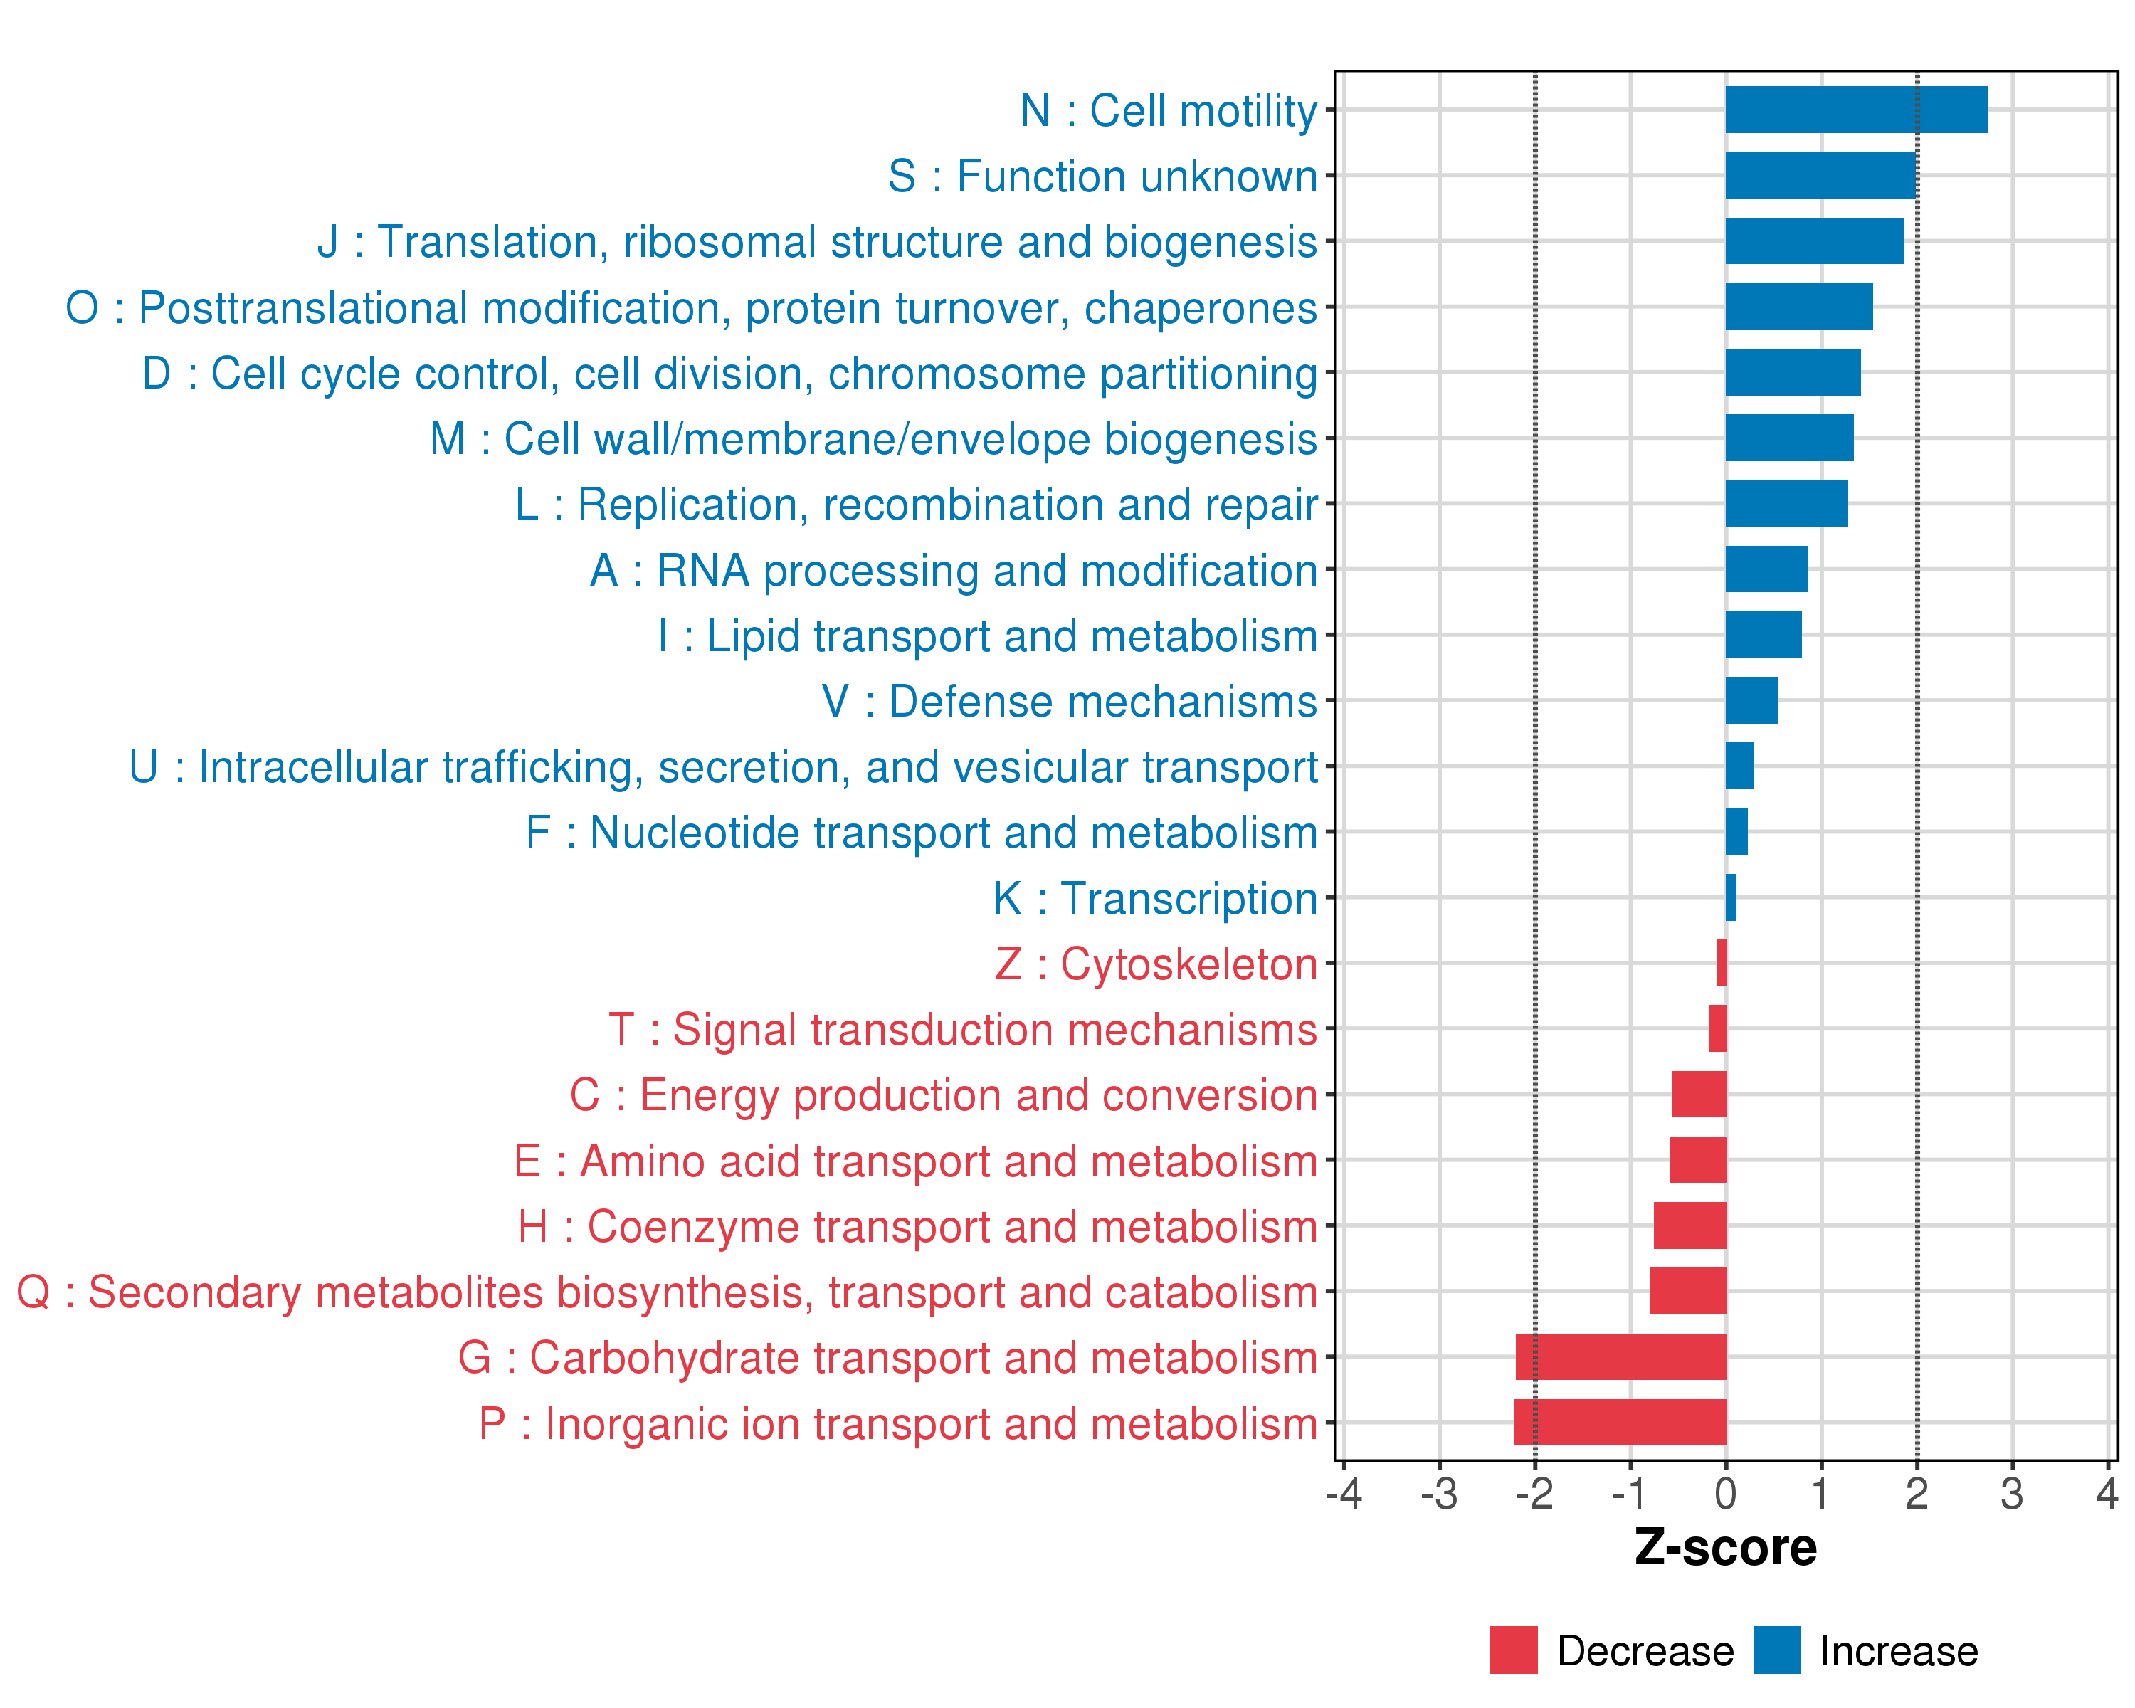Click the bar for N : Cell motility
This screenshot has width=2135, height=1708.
(x=1856, y=110)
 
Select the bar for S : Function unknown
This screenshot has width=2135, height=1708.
(x=1820, y=175)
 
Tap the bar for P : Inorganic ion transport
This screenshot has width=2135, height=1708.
(x=1619, y=1422)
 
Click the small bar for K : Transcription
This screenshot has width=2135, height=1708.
(x=1731, y=897)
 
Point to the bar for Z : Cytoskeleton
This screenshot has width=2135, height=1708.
(x=1721, y=962)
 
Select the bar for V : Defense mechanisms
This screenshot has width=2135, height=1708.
(x=1752, y=700)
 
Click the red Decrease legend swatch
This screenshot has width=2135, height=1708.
(x=1513, y=1650)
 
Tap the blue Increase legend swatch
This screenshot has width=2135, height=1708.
(x=1776, y=1650)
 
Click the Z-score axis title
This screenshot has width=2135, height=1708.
(x=1725, y=1548)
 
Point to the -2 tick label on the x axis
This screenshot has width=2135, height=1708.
(x=1534, y=1493)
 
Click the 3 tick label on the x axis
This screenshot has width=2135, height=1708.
(x=2011, y=1493)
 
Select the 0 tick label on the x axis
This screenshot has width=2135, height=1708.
(x=1725, y=1493)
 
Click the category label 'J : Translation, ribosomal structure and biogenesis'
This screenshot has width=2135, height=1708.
(x=817, y=243)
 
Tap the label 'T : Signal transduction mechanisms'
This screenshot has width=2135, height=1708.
(x=963, y=1030)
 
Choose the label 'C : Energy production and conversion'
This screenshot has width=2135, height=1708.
(x=943, y=1095)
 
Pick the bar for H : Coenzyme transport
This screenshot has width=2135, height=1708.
(x=1689, y=1225)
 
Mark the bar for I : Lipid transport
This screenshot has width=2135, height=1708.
(x=1764, y=635)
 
